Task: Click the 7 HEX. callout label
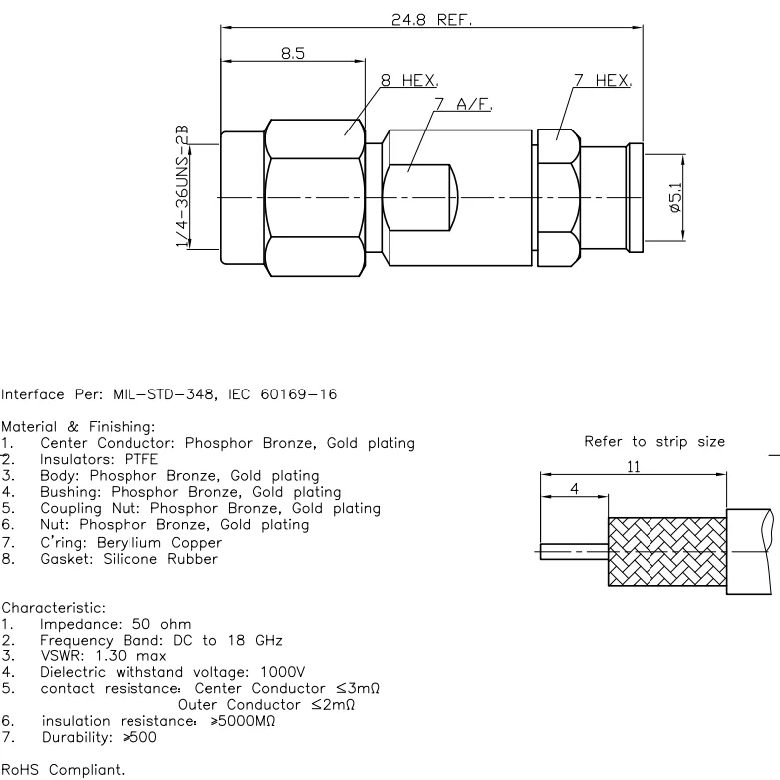pyautogui.click(x=602, y=80)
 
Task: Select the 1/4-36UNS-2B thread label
pyautogui.click(x=182, y=188)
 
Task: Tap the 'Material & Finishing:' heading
pyautogui.click(x=79, y=428)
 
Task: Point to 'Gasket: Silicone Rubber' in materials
pyautogui.click(x=129, y=559)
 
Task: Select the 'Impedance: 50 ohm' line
pyautogui.click(x=110, y=624)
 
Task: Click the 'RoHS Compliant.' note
pyautogui.click(x=64, y=770)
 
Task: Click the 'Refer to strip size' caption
pyautogui.click(x=654, y=442)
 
